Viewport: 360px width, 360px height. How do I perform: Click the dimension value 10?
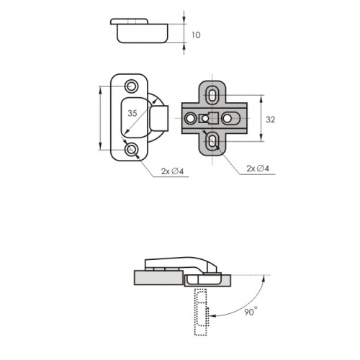[196, 35]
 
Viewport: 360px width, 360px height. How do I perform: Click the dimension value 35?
[132, 113]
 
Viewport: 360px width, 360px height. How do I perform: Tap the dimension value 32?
[271, 120]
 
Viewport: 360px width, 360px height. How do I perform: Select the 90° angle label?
[251, 312]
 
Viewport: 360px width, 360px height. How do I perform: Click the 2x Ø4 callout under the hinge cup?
[172, 171]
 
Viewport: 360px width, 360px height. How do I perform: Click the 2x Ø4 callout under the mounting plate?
[258, 168]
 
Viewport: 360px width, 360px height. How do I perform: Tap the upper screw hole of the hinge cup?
[131, 86]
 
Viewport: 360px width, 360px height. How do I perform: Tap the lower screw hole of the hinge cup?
[131, 150]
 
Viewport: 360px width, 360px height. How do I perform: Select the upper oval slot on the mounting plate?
[212, 95]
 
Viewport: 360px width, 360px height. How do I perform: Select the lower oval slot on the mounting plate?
[212, 141]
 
